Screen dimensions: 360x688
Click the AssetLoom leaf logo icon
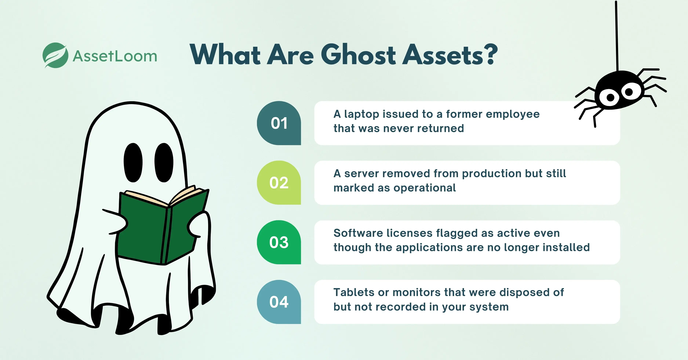pyautogui.click(x=55, y=55)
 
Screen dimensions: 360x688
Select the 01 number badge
pyautogui.click(x=279, y=123)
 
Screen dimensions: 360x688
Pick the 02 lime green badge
pyautogui.click(x=279, y=183)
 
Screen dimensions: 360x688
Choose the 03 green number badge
pyautogui.click(x=279, y=242)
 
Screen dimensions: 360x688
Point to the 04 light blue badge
pyautogui.click(x=279, y=302)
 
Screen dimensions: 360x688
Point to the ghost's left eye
pyautogui.click(x=133, y=162)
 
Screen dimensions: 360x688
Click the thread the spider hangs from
pyautogui.click(x=617, y=35)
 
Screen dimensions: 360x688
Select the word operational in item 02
pyautogui.click(x=425, y=188)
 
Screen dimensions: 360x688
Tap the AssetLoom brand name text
pyautogui.click(x=115, y=56)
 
